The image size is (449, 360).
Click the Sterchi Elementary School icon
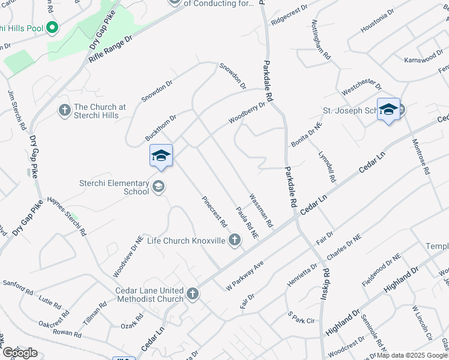point(158,185)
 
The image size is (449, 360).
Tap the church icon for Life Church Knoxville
point(235,241)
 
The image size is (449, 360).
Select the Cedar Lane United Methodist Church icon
point(192,293)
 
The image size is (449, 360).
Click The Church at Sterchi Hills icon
point(64,110)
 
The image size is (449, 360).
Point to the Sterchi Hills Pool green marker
point(52,28)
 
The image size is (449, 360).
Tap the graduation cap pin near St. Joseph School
point(388,110)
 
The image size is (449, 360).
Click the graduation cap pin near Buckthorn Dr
point(161,157)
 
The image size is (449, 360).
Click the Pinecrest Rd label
point(214,212)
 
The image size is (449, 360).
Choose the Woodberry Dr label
point(246,113)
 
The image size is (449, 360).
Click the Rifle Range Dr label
point(110,49)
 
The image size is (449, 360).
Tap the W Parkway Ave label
point(244,274)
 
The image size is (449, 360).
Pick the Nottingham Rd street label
point(321,38)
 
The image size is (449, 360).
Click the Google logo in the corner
point(20,353)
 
